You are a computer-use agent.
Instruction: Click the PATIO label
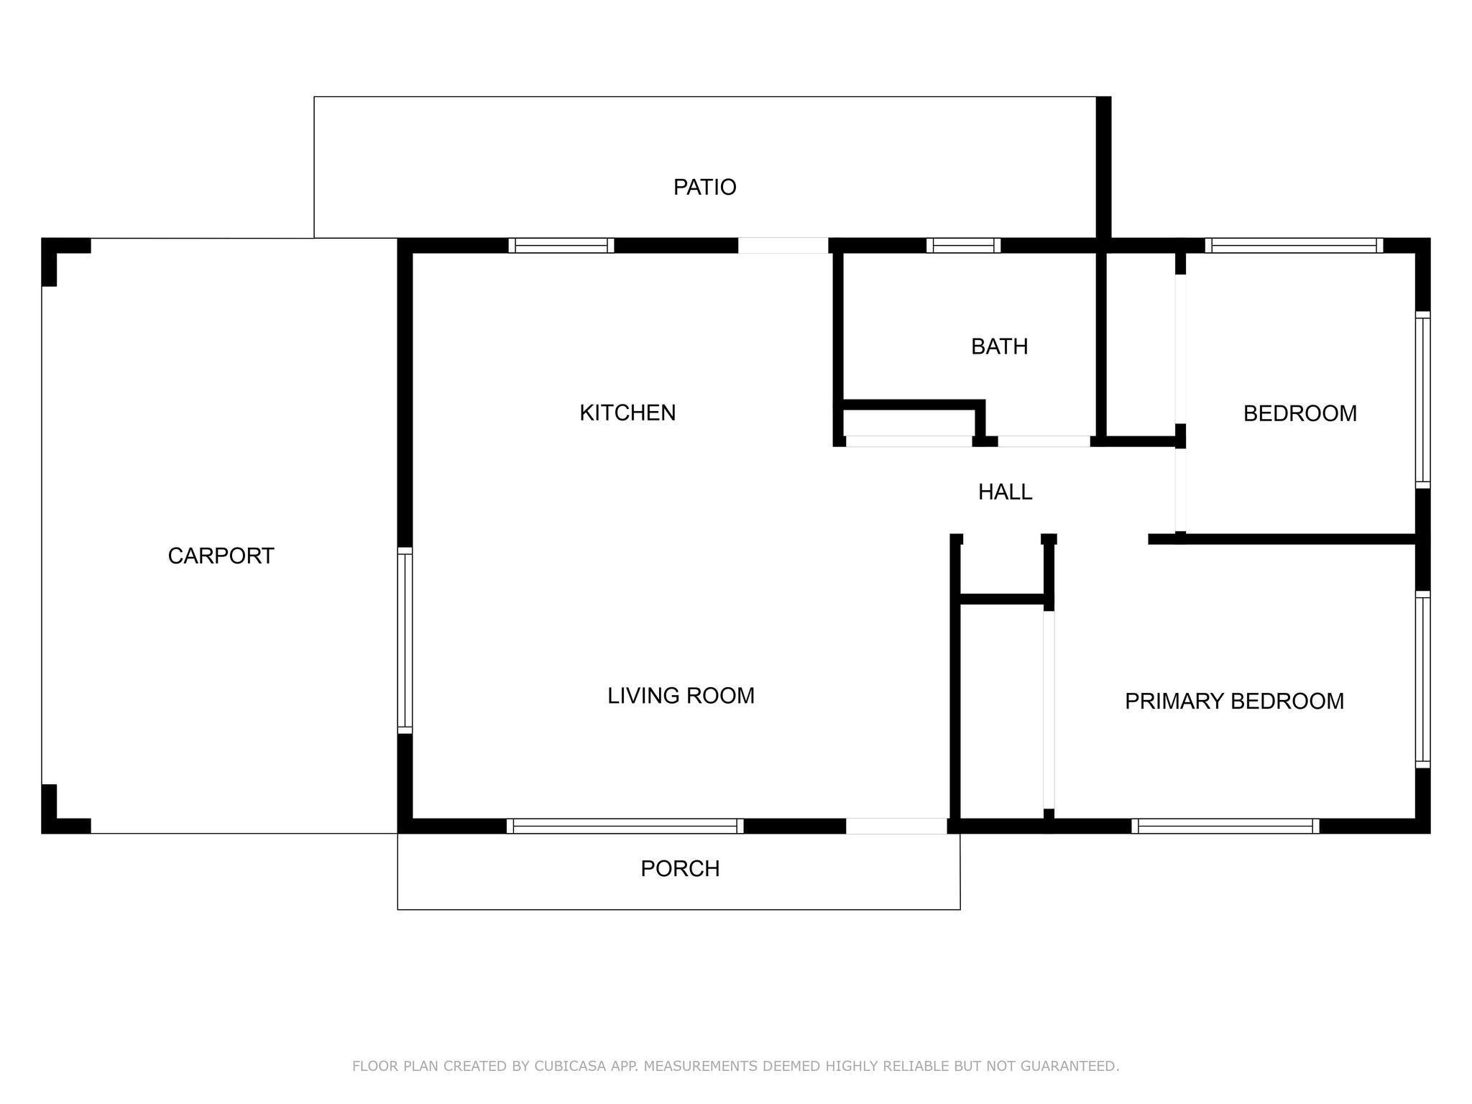tap(704, 188)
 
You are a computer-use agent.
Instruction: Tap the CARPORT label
tap(221, 556)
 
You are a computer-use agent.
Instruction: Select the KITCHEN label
tap(627, 413)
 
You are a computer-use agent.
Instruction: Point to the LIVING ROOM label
tap(681, 696)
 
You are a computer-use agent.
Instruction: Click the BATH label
tap(999, 347)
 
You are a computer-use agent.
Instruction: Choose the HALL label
tap(1005, 492)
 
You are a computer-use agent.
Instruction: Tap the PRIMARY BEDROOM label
tap(1234, 701)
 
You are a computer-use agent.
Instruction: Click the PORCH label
tap(680, 869)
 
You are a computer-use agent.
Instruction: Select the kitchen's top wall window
tap(561, 246)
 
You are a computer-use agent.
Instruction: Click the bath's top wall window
tap(963, 246)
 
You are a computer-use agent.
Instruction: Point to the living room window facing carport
tap(405, 640)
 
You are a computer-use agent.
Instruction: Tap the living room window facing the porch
tap(625, 827)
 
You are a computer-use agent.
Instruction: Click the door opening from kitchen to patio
tap(783, 246)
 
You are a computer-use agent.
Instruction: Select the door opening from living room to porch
tap(896, 827)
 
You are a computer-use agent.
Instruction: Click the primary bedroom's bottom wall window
tap(1225, 827)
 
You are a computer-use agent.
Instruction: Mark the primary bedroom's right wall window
tap(1423, 679)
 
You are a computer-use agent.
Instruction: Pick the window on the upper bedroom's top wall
tap(1294, 246)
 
